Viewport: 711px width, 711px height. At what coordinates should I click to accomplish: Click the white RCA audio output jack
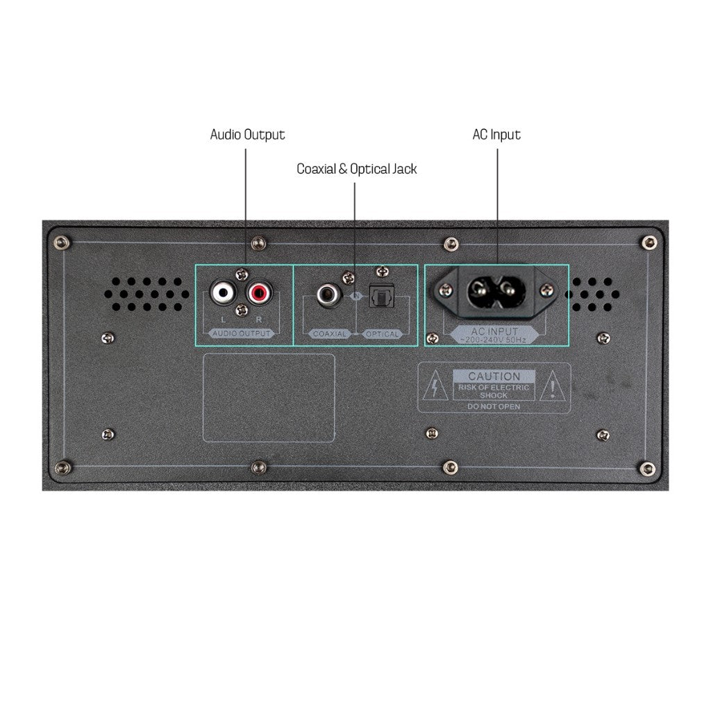pyautogui.click(x=223, y=292)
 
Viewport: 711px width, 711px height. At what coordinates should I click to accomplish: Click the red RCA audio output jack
pyautogui.click(x=260, y=292)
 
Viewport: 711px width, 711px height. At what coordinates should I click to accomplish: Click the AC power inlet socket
pyautogui.click(x=496, y=291)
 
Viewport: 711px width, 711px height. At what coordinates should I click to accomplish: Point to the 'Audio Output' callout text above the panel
pyautogui.click(x=248, y=135)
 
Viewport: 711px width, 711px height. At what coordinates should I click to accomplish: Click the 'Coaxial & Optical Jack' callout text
pyautogui.click(x=356, y=169)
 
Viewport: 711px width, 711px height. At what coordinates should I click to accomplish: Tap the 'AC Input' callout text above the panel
pyautogui.click(x=496, y=135)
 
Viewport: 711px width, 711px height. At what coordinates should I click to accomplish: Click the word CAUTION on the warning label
pyautogui.click(x=494, y=376)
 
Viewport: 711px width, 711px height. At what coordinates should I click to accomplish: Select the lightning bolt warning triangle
pyautogui.click(x=435, y=386)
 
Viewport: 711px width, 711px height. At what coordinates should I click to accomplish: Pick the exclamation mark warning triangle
pyautogui.click(x=552, y=386)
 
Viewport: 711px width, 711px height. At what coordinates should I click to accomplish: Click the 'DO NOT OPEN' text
pyautogui.click(x=494, y=407)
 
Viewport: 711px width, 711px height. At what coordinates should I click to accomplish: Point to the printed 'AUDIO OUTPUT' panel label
pyautogui.click(x=241, y=333)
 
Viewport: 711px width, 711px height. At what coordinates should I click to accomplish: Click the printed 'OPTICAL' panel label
pyautogui.click(x=383, y=334)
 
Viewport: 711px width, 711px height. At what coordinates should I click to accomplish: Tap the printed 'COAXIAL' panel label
pyautogui.click(x=330, y=334)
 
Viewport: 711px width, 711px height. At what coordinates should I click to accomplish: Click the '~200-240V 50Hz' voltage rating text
pyautogui.click(x=494, y=340)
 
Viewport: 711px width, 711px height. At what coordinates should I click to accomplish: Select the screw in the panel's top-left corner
pyautogui.click(x=61, y=242)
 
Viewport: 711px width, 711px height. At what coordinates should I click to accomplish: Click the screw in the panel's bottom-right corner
pyautogui.click(x=647, y=469)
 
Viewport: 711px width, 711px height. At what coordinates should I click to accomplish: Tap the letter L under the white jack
pyautogui.click(x=223, y=319)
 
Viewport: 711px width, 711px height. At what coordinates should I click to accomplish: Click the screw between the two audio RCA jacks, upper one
pyautogui.click(x=242, y=274)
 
